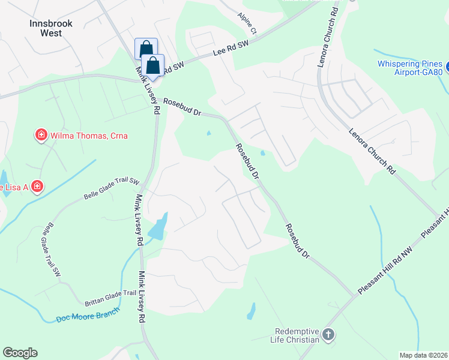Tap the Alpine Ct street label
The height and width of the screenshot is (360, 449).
pos(247,23)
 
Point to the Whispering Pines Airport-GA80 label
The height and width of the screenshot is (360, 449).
pos(411,69)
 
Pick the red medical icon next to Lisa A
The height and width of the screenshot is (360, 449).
pos(37,187)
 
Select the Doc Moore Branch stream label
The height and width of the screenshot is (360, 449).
pos(88,315)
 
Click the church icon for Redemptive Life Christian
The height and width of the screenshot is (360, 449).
pos(328,335)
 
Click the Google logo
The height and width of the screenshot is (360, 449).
pos(20,353)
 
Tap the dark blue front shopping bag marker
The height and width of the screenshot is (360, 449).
pos(153,65)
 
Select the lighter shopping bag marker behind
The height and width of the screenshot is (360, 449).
pos(146,48)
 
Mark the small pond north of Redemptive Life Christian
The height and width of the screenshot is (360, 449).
pos(251,311)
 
